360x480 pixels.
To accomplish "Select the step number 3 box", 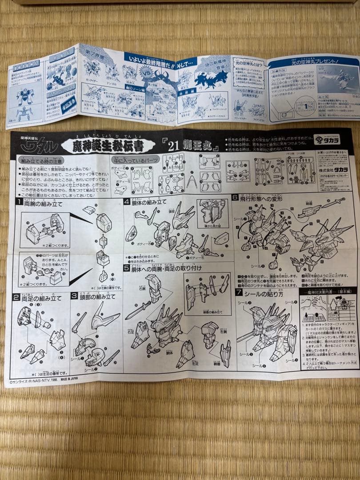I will (74, 296).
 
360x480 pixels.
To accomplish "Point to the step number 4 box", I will (127, 201).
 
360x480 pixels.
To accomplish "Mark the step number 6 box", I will (235, 197).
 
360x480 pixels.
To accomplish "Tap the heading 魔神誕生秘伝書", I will (108, 145).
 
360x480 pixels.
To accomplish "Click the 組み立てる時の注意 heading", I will (41, 160).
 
